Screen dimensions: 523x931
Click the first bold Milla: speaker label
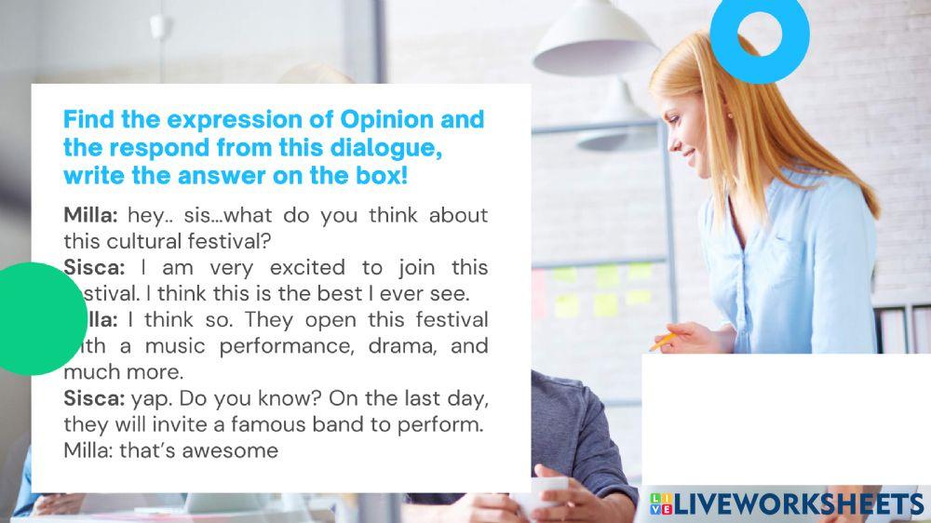[91, 216]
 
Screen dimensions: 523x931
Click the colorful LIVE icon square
[660, 504]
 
